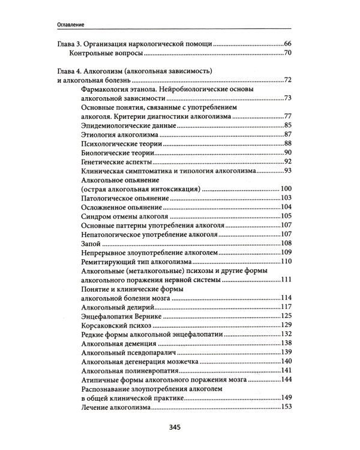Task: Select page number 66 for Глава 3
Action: (x=286, y=45)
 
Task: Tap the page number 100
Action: (x=286, y=190)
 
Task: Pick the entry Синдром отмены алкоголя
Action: (x=119, y=217)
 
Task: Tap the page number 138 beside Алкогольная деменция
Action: (x=286, y=344)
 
